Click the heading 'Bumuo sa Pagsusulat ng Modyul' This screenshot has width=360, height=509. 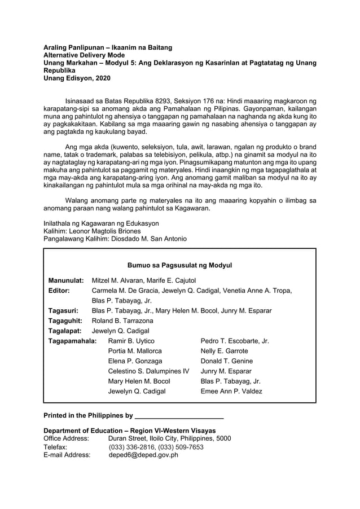pyautogui.click(x=179, y=265)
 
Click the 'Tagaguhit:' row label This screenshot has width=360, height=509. pyautogui.click(x=65, y=321)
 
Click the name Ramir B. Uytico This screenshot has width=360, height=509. pyautogui.click(x=131, y=341)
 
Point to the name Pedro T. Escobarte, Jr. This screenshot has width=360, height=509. pyautogui.click(x=235, y=341)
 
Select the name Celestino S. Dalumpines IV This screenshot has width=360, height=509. pyautogui.click(x=148, y=371)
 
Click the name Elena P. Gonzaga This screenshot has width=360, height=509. pyautogui.click(x=135, y=361)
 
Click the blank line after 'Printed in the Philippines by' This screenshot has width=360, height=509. pyautogui.click(x=179, y=416)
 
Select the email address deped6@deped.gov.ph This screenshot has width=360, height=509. pyautogui.click(x=143, y=455)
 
